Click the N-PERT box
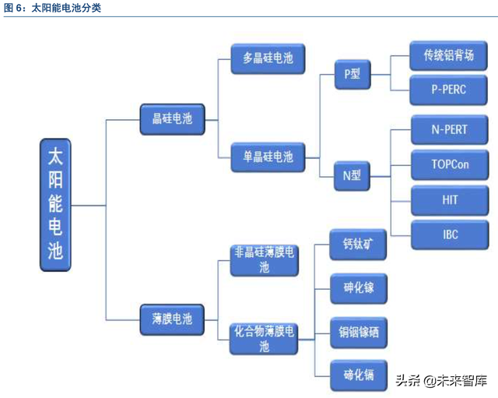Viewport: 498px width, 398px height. click(x=450, y=129)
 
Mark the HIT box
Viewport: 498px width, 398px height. click(x=450, y=200)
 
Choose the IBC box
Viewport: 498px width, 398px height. click(x=450, y=234)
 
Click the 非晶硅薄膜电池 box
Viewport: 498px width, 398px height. click(x=265, y=260)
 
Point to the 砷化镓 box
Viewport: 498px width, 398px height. click(x=359, y=288)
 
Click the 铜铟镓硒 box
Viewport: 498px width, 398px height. click(x=359, y=333)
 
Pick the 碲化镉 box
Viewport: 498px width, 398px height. click(x=359, y=375)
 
